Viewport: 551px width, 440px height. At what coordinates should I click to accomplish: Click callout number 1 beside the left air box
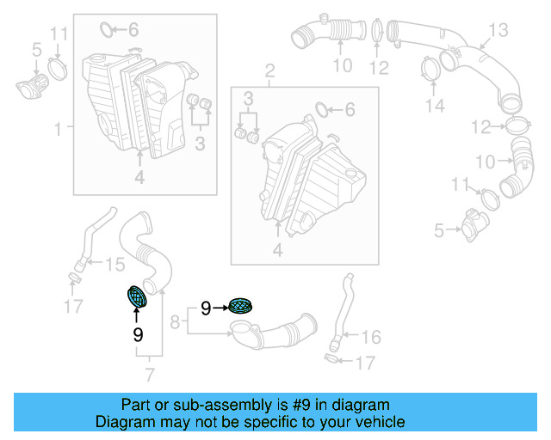[59, 130]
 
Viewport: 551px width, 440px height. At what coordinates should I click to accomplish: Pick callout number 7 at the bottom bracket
[150, 374]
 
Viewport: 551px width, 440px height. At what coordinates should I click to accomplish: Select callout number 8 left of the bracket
[176, 323]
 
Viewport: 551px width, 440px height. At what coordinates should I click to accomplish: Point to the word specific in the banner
[282, 422]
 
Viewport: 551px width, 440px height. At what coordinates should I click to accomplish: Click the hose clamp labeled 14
[430, 68]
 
